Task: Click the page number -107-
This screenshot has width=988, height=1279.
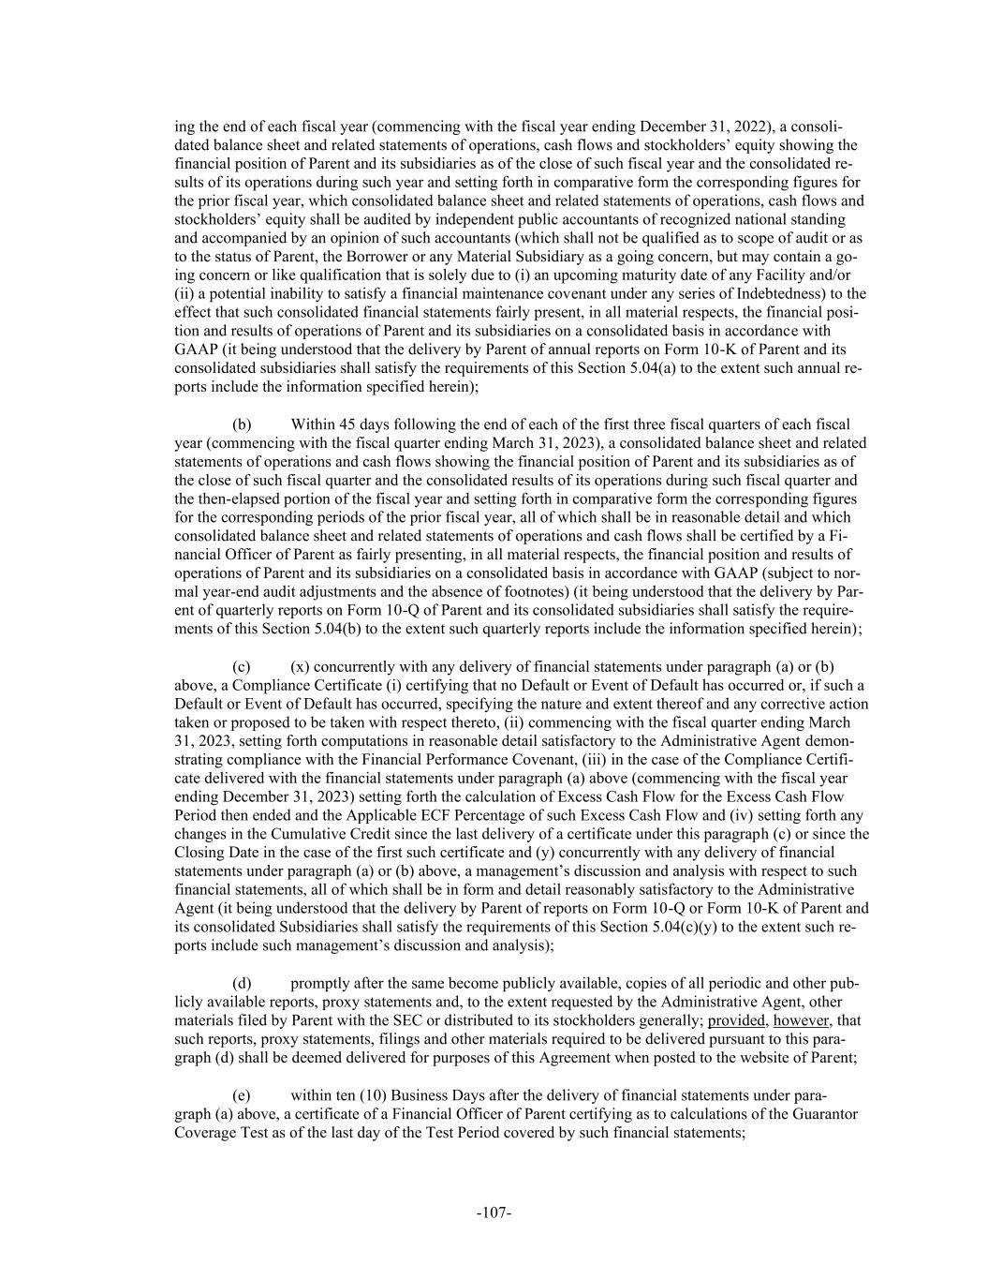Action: pyautogui.click(x=494, y=1213)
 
